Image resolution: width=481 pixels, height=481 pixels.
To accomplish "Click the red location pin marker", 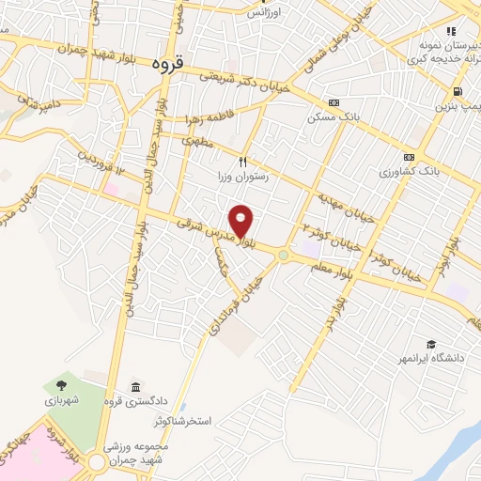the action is click(242, 222).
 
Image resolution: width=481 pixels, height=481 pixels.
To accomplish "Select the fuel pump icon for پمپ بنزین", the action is click(457, 91).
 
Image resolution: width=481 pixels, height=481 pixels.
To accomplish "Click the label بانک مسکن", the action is click(334, 118).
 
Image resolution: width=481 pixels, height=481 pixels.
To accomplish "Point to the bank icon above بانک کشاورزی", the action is click(409, 157).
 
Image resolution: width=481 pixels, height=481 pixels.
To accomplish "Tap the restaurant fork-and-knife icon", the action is click(243, 161).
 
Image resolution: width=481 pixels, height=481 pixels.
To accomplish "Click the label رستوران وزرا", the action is click(244, 176).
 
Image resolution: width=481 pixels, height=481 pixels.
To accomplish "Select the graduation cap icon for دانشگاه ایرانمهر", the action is click(430, 345).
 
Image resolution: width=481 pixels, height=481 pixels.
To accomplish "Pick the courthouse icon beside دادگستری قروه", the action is click(137, 388).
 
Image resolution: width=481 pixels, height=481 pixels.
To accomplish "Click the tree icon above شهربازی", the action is click(61, 384).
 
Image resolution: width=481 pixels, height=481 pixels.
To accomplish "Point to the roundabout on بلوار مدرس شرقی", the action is click(283, 255).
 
